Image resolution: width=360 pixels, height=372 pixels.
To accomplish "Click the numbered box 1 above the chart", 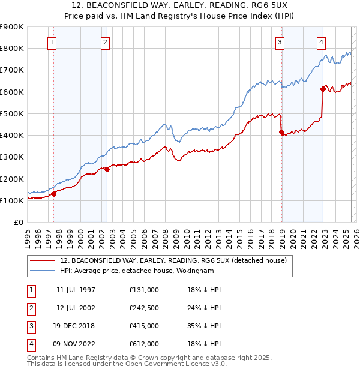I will pos(53,42).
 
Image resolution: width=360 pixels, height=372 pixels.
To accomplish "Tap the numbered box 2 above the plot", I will pos(105,42).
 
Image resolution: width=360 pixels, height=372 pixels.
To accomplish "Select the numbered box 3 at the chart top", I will pos(280,42).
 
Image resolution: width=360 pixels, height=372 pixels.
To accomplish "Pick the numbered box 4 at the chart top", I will pos(322,42).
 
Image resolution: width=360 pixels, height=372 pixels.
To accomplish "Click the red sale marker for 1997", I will pos(54,194).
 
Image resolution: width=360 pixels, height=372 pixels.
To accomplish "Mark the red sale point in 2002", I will pos(107,169).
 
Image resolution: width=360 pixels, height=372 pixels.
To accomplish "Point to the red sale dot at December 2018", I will pos(281,132).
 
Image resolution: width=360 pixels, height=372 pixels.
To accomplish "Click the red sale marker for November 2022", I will pos(323,89).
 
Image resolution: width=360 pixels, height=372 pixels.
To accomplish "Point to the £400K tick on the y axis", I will pos(12,135).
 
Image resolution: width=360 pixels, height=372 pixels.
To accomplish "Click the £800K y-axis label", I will pos(12,48).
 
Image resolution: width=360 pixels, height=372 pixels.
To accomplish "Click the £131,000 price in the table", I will pos(144,290).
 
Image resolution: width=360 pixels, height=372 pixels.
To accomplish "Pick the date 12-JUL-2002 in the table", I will pos(76,308).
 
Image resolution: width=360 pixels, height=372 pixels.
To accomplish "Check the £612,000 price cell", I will pos(144,344).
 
